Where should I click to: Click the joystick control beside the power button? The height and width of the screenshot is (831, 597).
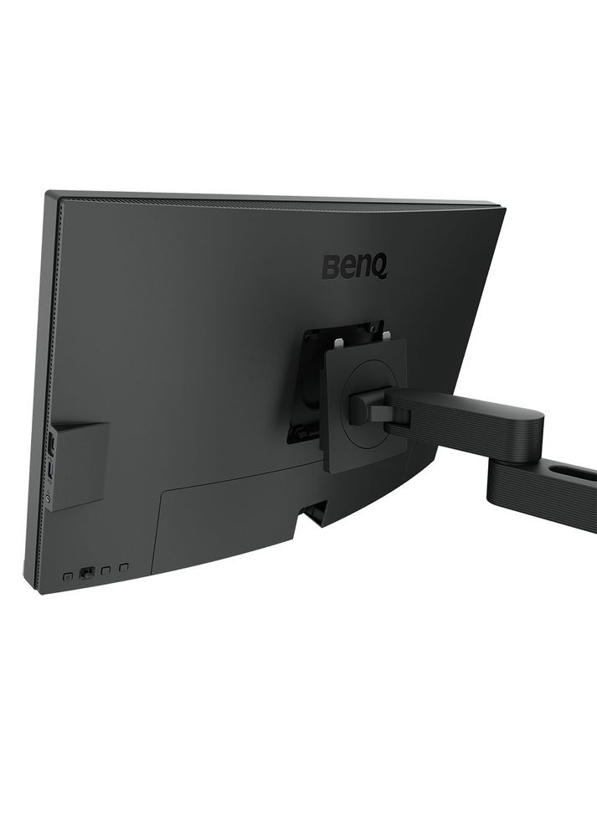(86, 574)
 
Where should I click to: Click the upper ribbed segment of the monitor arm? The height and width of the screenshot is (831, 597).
(469, 423)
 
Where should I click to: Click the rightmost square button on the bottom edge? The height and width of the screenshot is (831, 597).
(125, 568)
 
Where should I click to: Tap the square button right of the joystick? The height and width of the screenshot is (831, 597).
(106, 570)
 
